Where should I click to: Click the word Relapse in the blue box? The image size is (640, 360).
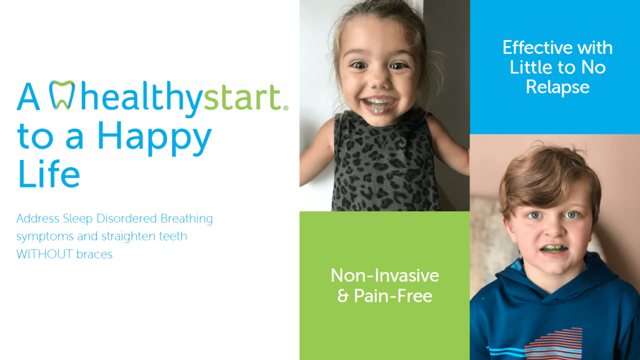tap(557, 87)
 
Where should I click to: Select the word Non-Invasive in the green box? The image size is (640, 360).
tap(384, 276)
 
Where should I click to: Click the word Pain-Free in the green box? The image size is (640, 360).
tap(393, 296)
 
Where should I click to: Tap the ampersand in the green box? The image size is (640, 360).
tap(342, 296)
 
